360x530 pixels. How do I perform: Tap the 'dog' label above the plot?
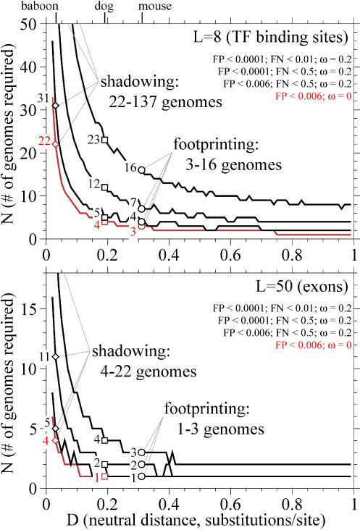(106, 6)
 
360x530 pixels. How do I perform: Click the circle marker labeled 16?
(141, 170)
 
